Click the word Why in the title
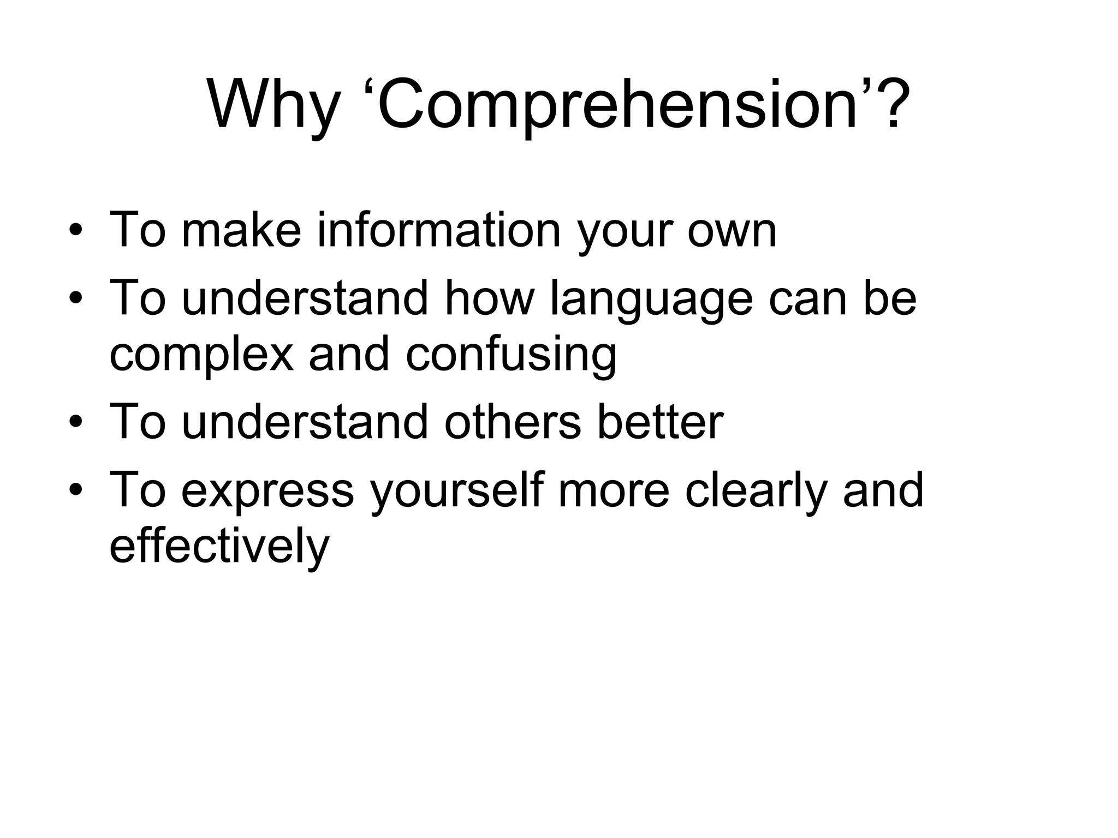click(273, 105)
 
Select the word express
click(267, 491)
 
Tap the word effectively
click(219, 547)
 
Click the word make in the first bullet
click(241, 230)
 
